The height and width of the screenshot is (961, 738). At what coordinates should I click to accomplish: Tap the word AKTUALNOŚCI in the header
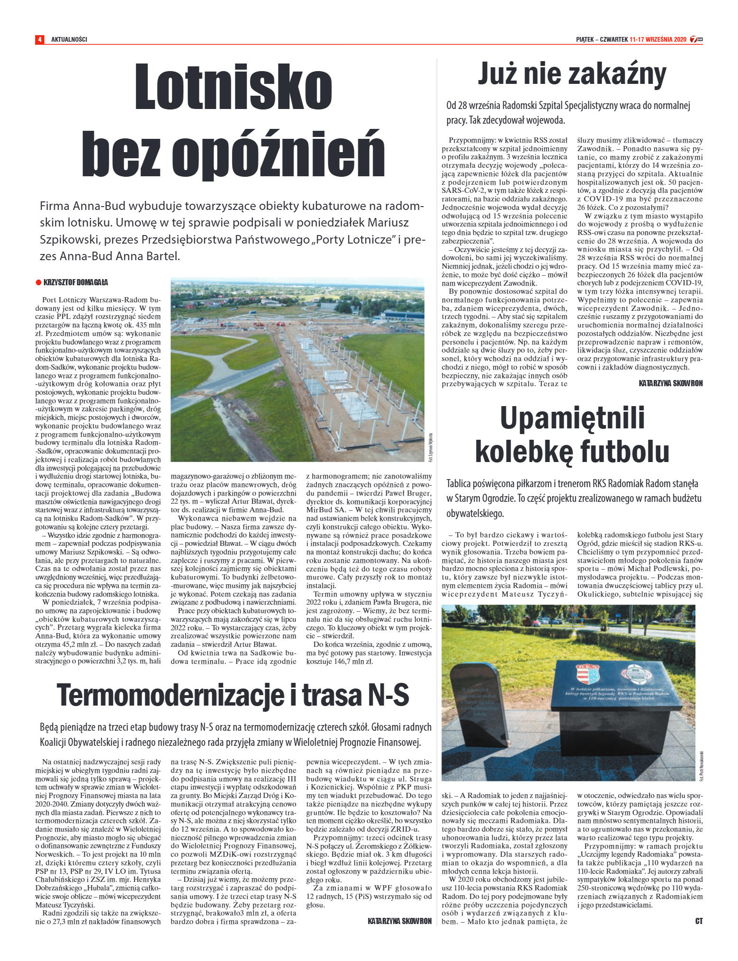69,39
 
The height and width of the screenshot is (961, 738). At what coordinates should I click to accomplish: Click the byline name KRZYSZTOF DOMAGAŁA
76,282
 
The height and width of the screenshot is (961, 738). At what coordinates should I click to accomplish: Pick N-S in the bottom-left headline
388,695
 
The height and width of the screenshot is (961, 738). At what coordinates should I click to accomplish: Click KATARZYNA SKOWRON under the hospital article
670,383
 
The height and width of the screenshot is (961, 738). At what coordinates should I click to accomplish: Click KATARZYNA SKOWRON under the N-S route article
399,921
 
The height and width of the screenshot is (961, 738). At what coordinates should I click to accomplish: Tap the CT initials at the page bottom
699,921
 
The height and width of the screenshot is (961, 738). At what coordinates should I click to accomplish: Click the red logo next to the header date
696,39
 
